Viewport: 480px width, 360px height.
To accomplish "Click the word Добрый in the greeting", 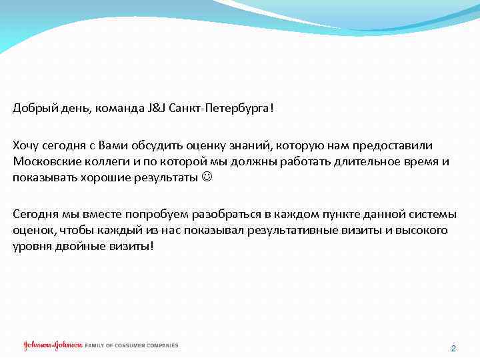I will click(x=31, y=109).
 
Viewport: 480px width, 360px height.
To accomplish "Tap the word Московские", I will click(x=41, y=162).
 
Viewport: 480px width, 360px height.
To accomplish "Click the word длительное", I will click(x=347, y=162).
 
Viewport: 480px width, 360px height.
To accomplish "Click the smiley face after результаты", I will click(x=207, y=178).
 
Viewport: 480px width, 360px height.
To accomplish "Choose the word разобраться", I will click(x=223, y=215).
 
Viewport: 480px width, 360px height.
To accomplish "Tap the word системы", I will click(x=435, y=215).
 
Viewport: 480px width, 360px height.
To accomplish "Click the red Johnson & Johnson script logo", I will click(x=53, y=345).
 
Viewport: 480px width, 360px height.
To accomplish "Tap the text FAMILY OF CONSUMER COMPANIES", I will click(x=132, y=345).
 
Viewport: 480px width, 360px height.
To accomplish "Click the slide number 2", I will click(x=453, y=349).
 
